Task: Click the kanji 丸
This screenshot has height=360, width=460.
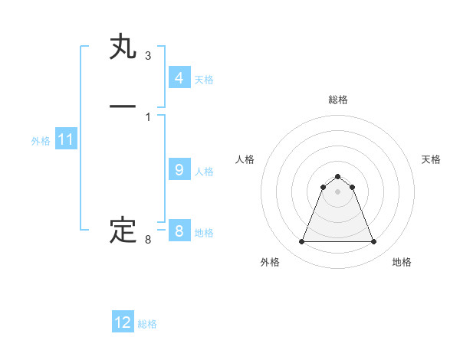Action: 123,47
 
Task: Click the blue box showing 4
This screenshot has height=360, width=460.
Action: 179,78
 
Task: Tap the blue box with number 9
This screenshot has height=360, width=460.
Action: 179,170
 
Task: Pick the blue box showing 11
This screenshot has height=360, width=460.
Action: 66,139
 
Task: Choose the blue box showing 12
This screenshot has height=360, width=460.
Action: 123,322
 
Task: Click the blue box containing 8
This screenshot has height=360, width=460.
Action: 179,231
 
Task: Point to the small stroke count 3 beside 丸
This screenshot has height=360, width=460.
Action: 147,56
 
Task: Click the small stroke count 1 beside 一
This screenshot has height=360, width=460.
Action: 147,116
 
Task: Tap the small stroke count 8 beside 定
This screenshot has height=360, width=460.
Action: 147,240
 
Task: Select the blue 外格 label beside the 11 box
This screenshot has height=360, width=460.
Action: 41,141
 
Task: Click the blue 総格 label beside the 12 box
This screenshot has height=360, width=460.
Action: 147,324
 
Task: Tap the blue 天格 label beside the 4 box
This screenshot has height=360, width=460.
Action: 204,80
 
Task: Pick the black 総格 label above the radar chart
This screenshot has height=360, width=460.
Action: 337,100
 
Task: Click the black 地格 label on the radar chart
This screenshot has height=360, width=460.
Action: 402,262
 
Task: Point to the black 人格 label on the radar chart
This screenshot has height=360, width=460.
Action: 245,159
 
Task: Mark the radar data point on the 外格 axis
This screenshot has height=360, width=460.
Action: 301,242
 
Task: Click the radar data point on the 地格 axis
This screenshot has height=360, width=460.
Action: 373,242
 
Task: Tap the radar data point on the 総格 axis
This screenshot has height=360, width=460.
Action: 337,177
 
